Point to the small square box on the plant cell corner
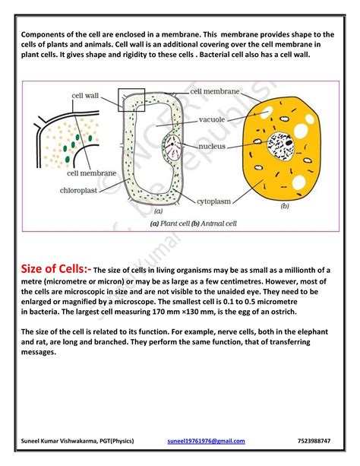[130, 99]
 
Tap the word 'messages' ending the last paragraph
[42, 353]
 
